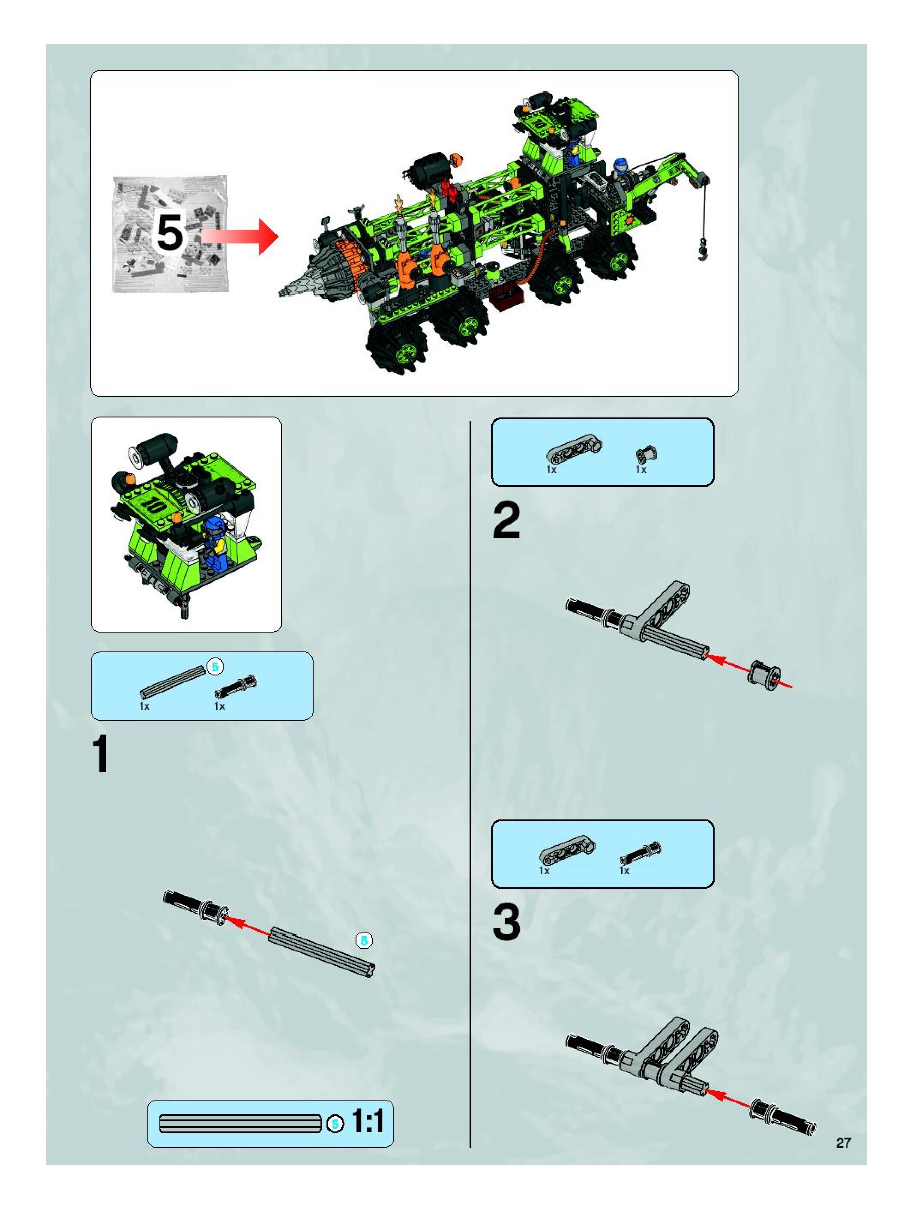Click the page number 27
pos(843,1143)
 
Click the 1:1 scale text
pos(367,1122)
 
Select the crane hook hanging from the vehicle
pos(703,251)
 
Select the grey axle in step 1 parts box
pos(172,682)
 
